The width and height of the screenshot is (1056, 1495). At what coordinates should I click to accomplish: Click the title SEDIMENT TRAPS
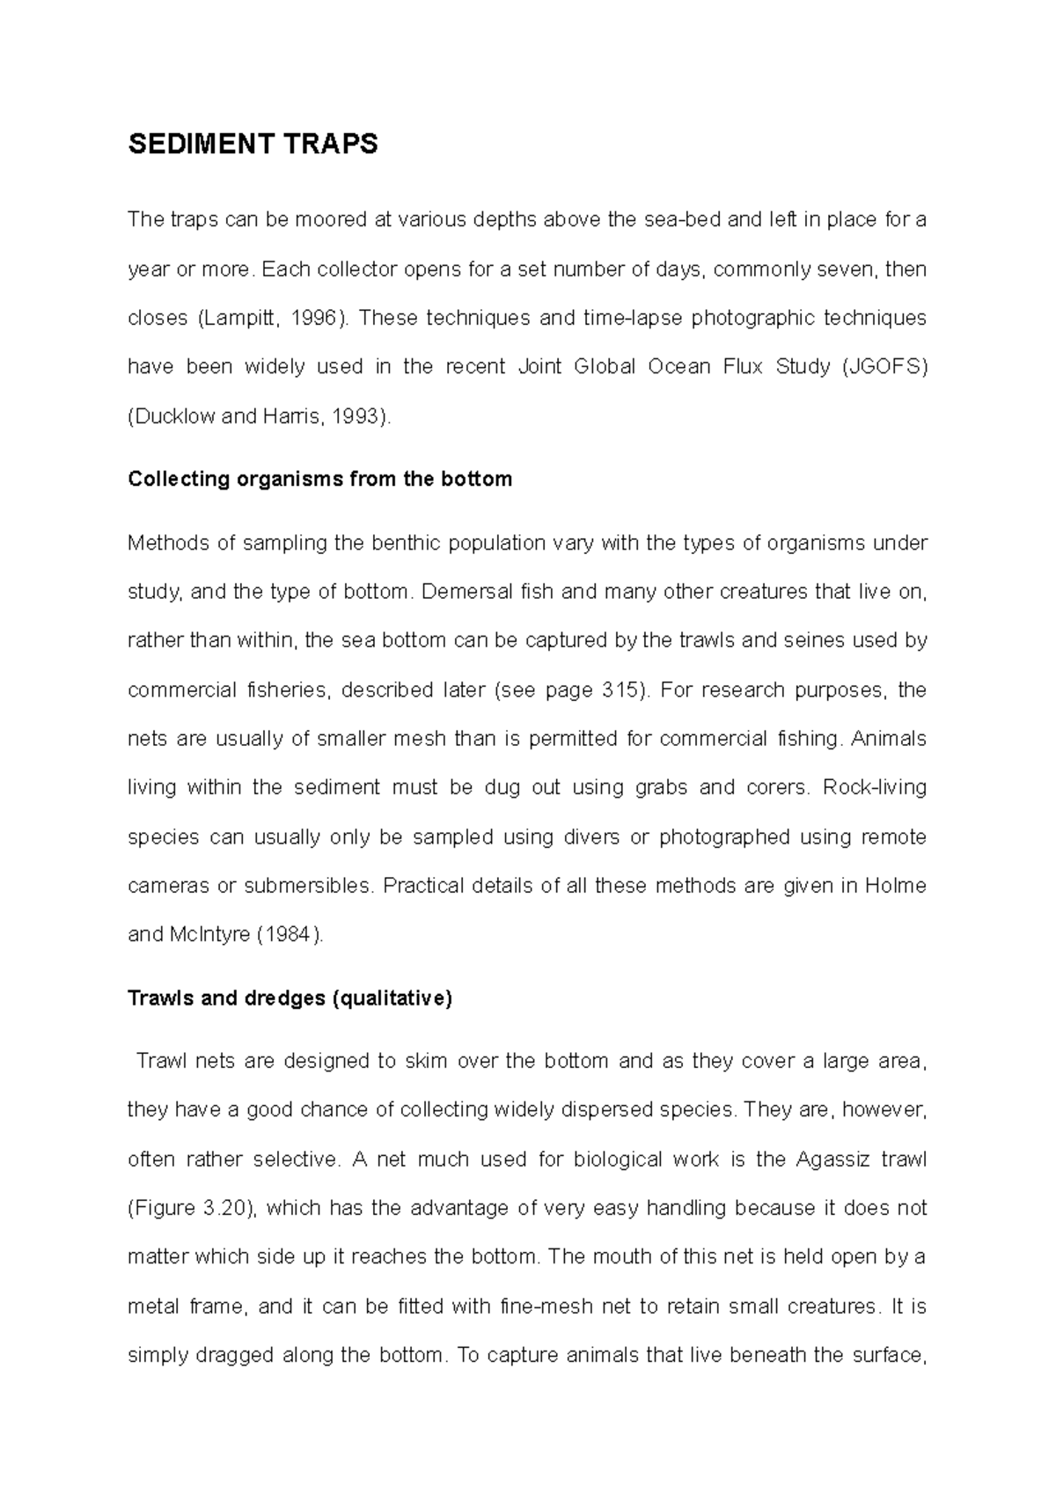point(253,144)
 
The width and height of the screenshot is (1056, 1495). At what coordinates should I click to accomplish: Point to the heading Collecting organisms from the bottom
point(319,480)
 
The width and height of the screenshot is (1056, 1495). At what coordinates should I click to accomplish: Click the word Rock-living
point(874,788)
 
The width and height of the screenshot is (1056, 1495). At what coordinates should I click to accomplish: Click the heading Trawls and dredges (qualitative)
point(290,999)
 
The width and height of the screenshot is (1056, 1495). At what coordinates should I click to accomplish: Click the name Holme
point(896,887)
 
